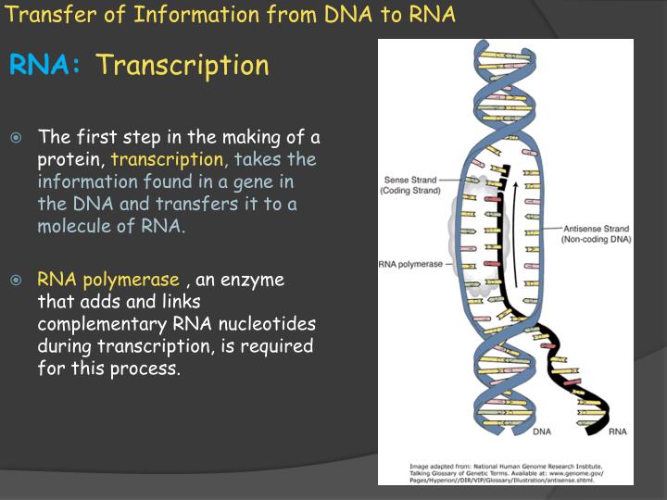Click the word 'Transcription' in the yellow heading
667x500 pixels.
click(182, 66)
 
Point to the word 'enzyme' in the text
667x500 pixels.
click(253, 280)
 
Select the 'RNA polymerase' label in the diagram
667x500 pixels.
click(410, 264)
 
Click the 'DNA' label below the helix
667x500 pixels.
click(543, 431)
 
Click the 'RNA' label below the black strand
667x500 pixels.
click(616, 431)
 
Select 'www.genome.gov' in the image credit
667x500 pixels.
click(577, 474)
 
